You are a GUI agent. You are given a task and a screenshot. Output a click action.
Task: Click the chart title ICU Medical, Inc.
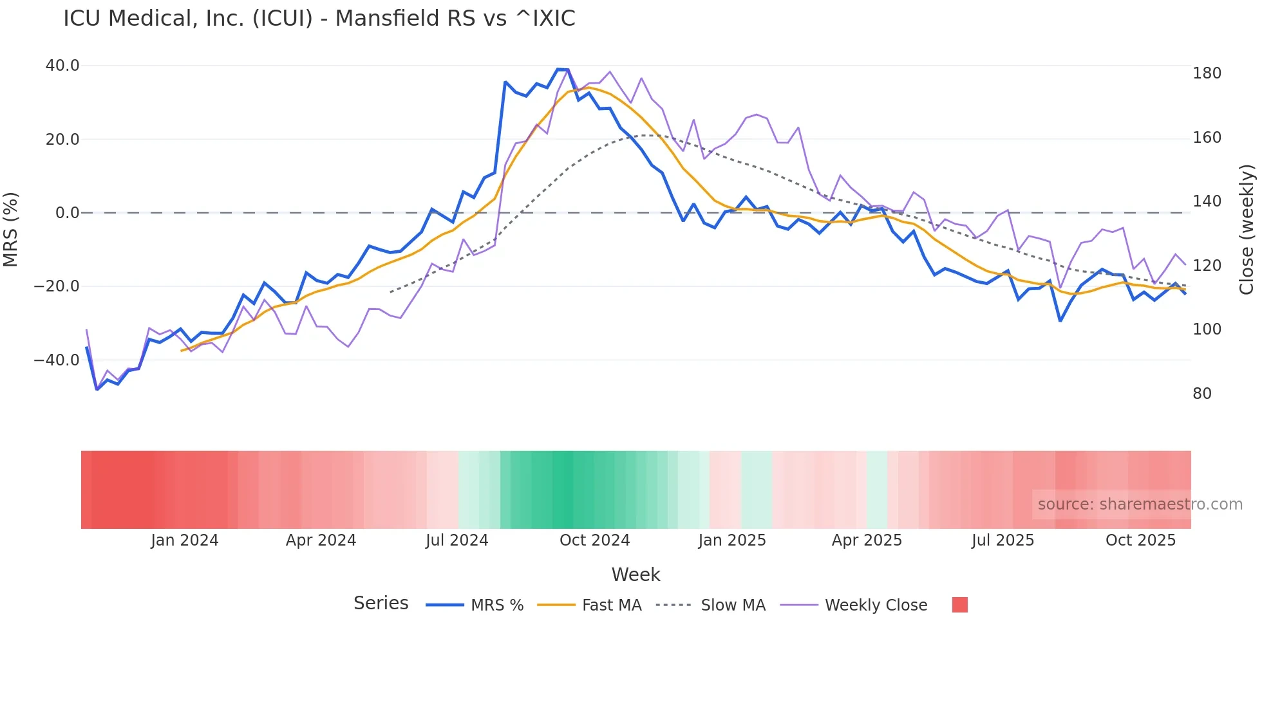[x=319, y=19]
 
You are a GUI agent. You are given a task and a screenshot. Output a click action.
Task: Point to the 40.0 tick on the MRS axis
[x=62, y=66]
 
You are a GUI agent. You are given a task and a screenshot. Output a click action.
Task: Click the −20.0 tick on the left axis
[x=57, y=286]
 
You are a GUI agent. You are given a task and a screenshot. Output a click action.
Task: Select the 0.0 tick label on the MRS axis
[x=67, y=213]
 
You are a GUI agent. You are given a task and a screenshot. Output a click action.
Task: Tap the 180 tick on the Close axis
[x=1207, y=73]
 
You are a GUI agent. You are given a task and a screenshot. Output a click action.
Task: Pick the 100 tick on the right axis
[x=1207, y=329]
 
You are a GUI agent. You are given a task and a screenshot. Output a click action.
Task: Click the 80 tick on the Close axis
[x=1202, y=394]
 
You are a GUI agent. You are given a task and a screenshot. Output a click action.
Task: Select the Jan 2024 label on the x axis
[x=185, y=540]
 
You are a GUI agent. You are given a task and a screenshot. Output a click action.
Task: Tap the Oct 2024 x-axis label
[x=594, y=540]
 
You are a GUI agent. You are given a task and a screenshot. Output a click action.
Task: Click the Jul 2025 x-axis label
[x=1003, y=540]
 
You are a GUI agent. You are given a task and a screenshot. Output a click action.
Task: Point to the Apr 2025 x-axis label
[x=867, y=540]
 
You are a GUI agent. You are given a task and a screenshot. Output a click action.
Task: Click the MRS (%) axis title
[x=11, y=229]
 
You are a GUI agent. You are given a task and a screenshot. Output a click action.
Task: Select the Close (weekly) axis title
[x=1247, y=229]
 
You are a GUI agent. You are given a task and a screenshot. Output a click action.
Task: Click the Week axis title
[x=636, y=575]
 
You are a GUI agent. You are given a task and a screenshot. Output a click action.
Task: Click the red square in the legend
[x=959, y=605]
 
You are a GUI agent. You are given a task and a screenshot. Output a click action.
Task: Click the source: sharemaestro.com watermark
[x=1140, y=504]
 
